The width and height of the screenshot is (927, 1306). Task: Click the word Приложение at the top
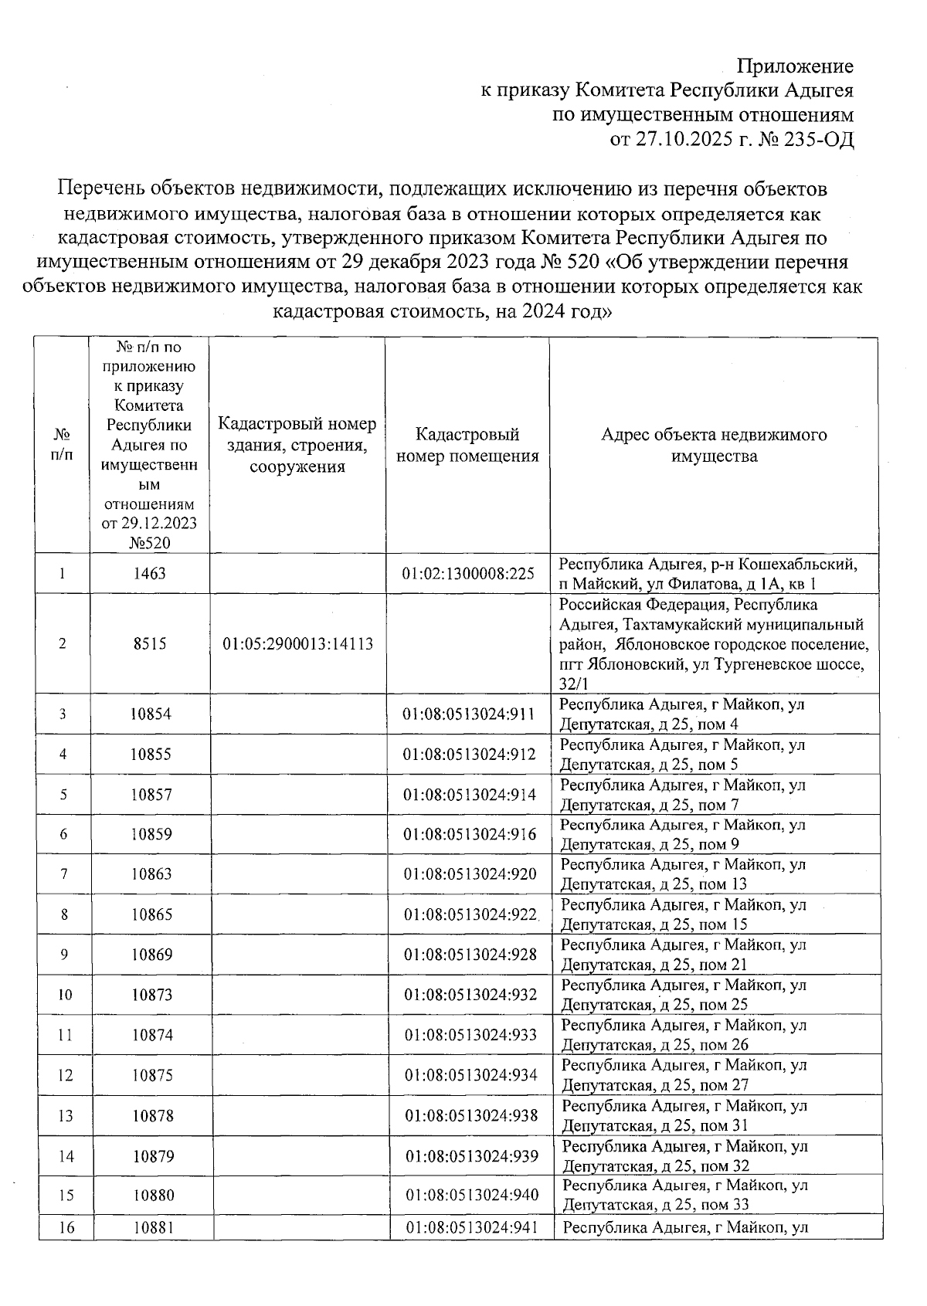click(795, 66)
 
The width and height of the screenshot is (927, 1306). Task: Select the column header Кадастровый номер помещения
click(467, 446)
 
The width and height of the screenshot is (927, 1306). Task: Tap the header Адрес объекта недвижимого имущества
click(714, 446)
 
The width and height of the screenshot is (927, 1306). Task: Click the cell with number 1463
click(149, 574)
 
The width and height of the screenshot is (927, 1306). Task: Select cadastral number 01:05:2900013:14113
click(297, 644)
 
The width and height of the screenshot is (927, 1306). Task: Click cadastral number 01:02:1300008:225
click(468, 574)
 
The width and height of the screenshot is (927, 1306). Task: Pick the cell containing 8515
click(149, 644)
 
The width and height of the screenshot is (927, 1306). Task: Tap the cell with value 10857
click(151, 795)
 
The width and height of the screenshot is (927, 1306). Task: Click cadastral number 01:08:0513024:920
click(470, 874)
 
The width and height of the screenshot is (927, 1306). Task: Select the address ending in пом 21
click(683, 955)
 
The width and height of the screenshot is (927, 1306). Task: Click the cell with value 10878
click(151, 1116)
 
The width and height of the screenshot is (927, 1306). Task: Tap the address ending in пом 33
click(685, 1196)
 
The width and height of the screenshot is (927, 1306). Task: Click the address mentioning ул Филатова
click(708, 574)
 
